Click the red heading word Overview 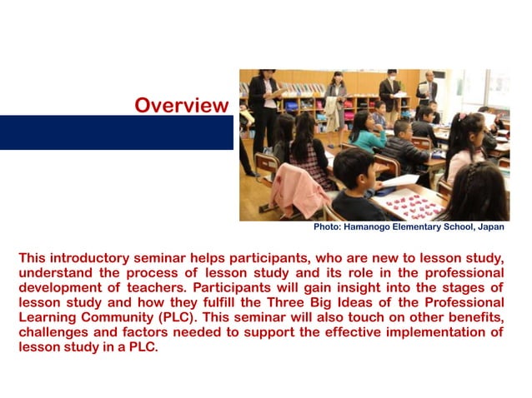[181, 106]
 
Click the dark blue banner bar [116, 132]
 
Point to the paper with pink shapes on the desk [409, 203]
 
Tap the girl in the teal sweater [368, 133]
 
